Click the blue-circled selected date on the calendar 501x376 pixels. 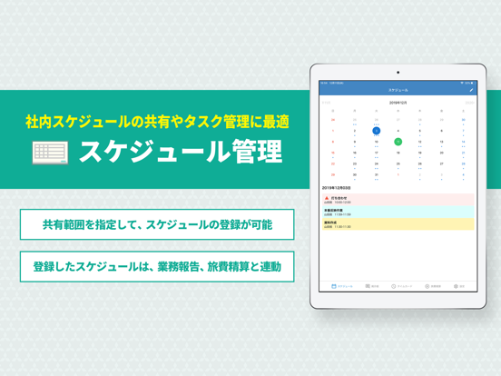[x=377, y=131]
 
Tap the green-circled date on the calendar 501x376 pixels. [x=398, y=142]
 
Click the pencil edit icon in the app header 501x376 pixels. [x=471, y=91]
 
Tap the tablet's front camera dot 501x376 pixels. [x=398, y=73]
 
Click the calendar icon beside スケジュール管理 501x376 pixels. [x=51, y=152]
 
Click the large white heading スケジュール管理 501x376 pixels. [x=180, y=152]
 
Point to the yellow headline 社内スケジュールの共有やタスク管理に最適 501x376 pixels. [x=157, y=121]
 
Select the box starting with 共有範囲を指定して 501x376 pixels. [x=157, y=224]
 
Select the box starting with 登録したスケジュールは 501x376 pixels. [x=157, y=266]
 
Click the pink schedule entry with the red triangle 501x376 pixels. [x=398, y=200]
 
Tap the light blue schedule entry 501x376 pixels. [x=398, y=212]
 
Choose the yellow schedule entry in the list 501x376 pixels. [x=398, y=223]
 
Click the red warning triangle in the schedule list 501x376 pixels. [x=327, y=197]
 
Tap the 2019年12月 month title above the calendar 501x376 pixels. [x=398, y=104]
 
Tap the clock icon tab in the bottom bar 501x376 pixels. [x=399, y=286]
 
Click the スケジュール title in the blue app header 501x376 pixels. [x=398, y=91]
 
